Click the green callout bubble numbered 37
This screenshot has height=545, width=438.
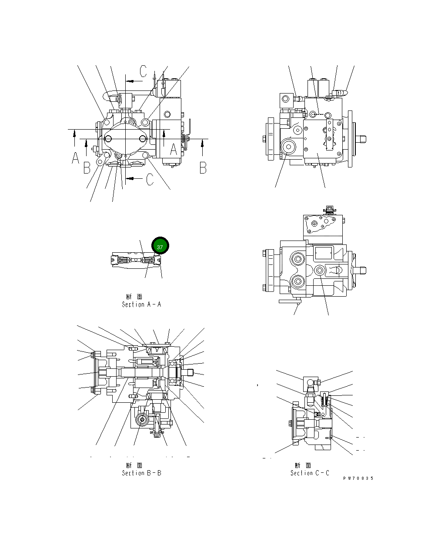160,247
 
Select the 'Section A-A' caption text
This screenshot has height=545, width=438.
141,304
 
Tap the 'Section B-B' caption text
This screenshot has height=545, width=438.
141,473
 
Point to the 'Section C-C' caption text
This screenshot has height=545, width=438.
310,473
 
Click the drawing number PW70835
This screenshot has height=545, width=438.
358,478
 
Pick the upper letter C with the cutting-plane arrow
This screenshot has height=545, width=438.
144,71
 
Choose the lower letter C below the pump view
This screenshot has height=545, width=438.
150,179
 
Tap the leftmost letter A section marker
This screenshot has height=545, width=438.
75,158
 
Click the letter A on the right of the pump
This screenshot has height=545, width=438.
173,150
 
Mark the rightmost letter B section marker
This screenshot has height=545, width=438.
203,167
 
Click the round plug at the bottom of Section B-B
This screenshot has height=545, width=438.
141,420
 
